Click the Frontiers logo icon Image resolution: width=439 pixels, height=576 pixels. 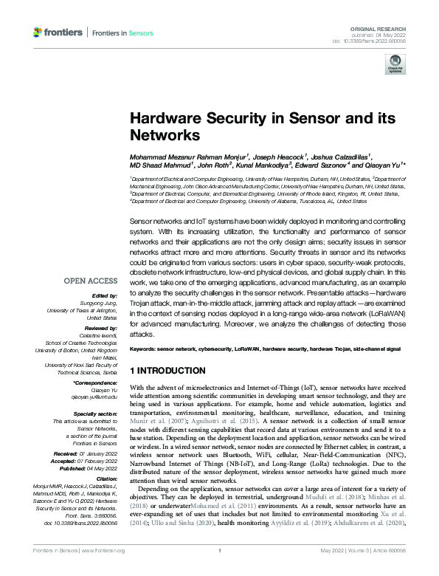[38, 32]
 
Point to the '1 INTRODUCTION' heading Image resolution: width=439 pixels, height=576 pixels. [167, 370]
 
